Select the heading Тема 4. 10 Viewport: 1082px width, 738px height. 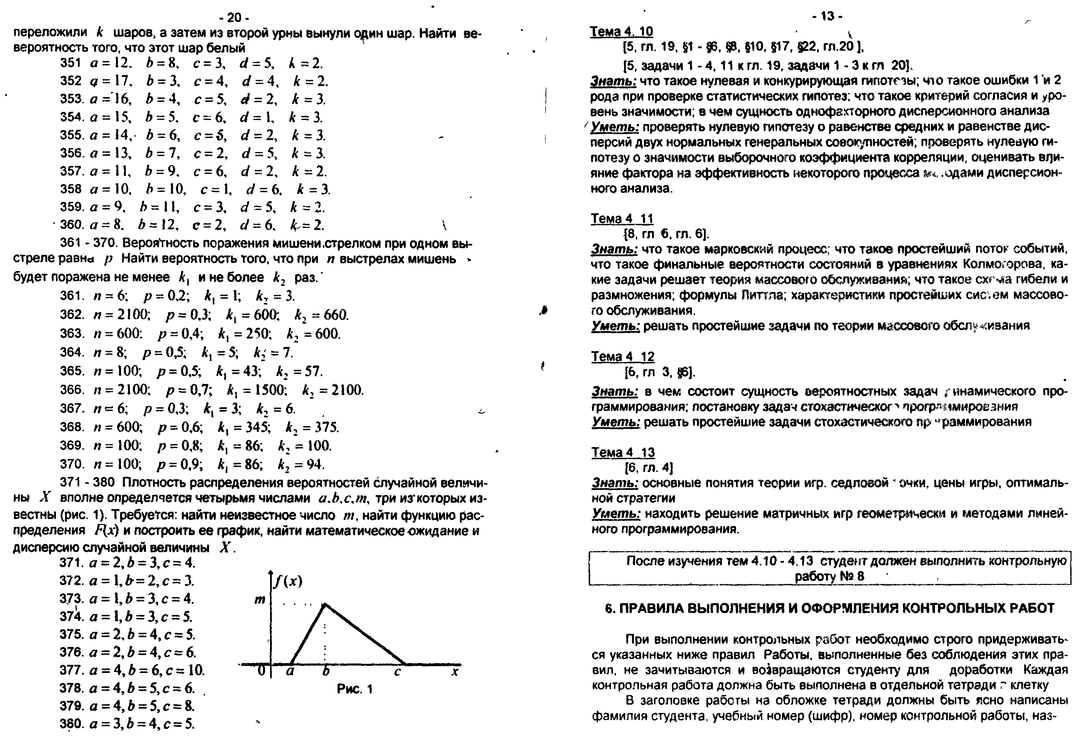tap(621, 32)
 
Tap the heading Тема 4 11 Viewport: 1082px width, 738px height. tap(622, 218)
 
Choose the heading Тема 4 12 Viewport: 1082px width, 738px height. tap(622, 357)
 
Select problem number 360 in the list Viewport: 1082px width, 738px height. tap(71, 225)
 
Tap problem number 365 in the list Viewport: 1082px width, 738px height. tap(71, 371)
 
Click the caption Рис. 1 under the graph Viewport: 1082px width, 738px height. tap(355, 689)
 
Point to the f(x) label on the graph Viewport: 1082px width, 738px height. tap(288, 581)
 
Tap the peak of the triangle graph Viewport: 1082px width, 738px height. tap(325, 604)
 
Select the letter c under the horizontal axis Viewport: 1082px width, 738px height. tap(397, 672)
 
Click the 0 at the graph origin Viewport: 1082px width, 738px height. tap(261, 671)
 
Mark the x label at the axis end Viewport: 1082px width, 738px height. tap(455, 672)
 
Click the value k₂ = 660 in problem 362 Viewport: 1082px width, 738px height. tap(321, 315)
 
